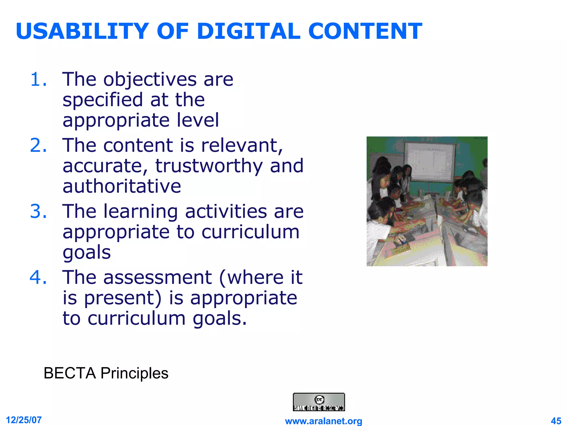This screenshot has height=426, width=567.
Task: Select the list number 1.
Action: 38,80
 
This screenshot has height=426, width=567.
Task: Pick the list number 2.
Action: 38,145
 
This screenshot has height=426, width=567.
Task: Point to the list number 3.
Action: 38,211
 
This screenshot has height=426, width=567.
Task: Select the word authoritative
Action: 122,186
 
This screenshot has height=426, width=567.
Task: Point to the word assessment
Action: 158,277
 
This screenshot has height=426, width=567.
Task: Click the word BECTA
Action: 70,373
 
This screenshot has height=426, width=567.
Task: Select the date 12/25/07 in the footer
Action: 24,420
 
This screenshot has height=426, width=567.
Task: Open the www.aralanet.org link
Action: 323,421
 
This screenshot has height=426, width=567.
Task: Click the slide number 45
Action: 556,421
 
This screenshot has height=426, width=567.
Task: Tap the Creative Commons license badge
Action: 319,402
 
